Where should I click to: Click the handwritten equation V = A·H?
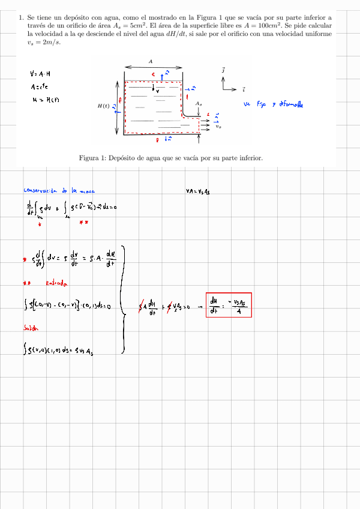click(x=40, y=74)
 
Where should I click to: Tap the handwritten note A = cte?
click(x=40, y=86)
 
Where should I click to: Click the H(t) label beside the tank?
click(x=103, y=106)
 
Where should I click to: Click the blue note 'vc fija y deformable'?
click(x=274, y=104)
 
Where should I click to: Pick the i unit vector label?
click(x=243, y=90)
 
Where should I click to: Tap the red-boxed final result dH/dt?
click(x=229, y=306)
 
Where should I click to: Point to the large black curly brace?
click(x=122, y=306)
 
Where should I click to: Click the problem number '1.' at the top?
click(x=21, y=18)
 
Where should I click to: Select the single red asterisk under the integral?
click(x=39, y=224)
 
